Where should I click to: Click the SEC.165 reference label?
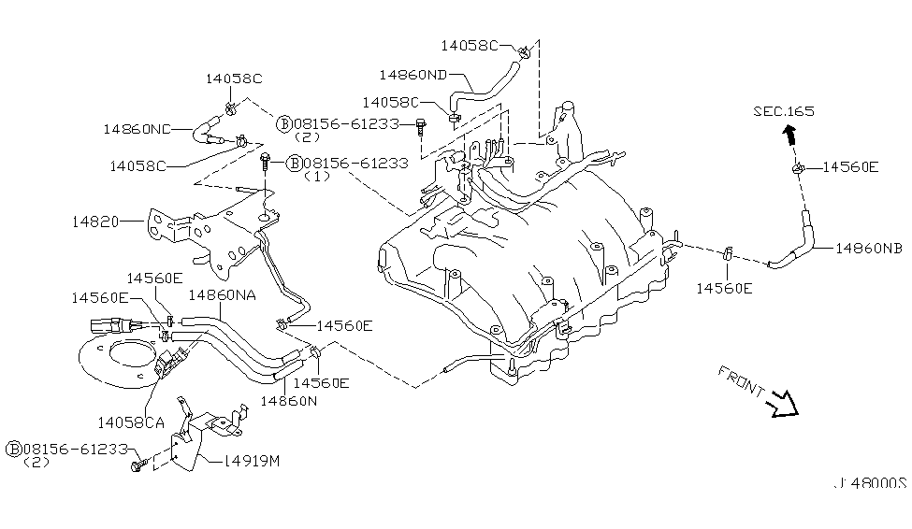point(784,111)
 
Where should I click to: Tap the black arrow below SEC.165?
point(789,135)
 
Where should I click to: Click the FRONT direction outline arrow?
point(784,404)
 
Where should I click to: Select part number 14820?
point(95,222)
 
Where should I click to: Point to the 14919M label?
point(252,461)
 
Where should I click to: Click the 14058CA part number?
point(131,422)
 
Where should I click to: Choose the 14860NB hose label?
point(869,249)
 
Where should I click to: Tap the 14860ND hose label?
point(413,75)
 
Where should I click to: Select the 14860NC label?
point(138,129)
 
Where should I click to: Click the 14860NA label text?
point(223,295)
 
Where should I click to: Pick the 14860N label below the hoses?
point(288,401)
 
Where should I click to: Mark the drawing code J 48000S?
point(871,483)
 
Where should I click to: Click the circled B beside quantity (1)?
point(295,164)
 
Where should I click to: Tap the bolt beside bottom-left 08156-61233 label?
point(138,465)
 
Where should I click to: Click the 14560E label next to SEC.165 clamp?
point(850,167)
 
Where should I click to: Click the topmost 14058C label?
point(470,46)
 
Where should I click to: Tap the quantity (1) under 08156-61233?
point(317,176)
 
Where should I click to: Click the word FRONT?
point(741,380)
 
